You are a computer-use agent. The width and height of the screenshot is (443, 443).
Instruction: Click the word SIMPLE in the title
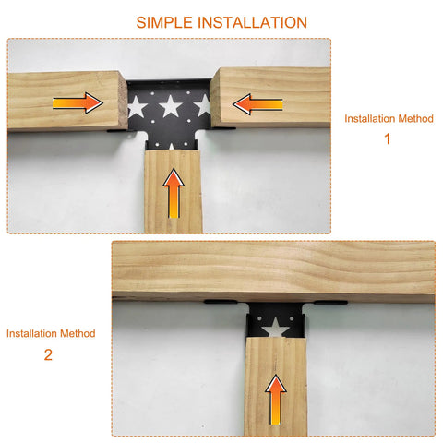[x=164, y=22]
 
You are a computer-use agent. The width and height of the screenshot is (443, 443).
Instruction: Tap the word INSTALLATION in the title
[x=252, y=22]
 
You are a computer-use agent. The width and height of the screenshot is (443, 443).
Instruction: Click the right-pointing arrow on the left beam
[x=78, y=103]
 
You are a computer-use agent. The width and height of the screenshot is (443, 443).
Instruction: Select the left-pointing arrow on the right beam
[x=257, y=104]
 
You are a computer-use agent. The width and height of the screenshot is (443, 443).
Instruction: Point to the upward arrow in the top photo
[x=174, y=193]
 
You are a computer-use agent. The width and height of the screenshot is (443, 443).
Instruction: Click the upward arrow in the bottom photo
[x=276, y=400]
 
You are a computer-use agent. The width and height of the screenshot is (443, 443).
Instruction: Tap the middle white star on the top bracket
[x=171, y=106]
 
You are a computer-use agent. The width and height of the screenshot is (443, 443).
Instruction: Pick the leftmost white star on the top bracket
[x=137, y=107]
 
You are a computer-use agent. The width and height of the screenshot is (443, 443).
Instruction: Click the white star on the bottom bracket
[x=275, y=328]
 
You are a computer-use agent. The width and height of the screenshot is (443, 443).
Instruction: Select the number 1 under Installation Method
[x=388, y=138]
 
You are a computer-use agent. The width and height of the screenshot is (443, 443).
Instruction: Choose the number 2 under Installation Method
[x=48, y=355]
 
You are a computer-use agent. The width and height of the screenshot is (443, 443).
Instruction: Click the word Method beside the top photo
[x=415, y=118]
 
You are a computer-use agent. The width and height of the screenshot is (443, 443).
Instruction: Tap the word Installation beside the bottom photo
[x=31, y=333]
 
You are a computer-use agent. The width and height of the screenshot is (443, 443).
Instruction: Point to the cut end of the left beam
[x=124, y=101]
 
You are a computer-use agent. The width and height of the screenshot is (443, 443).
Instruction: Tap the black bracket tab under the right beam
[x=224, y=128]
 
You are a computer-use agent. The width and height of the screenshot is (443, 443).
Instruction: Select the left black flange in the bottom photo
[x=221, y=302]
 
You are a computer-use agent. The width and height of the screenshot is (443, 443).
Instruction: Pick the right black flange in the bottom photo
[x=330, y=303]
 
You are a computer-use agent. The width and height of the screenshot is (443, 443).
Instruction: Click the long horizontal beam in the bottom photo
[x=273, y=270]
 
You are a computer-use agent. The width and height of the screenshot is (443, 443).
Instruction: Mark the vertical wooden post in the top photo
[x=174, y=191]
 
